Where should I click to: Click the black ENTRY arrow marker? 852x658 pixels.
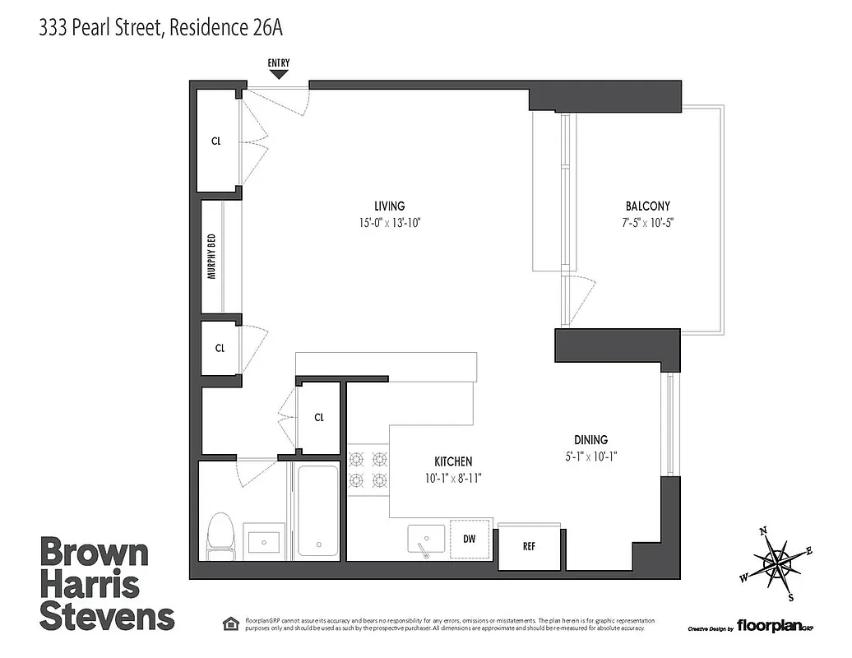279,74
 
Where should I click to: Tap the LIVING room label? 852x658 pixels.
389,206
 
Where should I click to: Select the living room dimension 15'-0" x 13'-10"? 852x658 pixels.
389,223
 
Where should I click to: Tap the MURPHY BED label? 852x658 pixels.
211,257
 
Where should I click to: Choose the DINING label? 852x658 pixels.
590,440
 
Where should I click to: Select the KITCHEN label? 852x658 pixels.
453,461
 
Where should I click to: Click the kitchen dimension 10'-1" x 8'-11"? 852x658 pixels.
453,478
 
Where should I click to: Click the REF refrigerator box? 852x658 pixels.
530,545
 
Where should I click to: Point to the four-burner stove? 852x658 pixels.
368,470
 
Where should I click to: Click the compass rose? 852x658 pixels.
777,563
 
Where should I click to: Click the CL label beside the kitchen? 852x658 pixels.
319,417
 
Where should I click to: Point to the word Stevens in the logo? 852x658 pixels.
107,617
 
